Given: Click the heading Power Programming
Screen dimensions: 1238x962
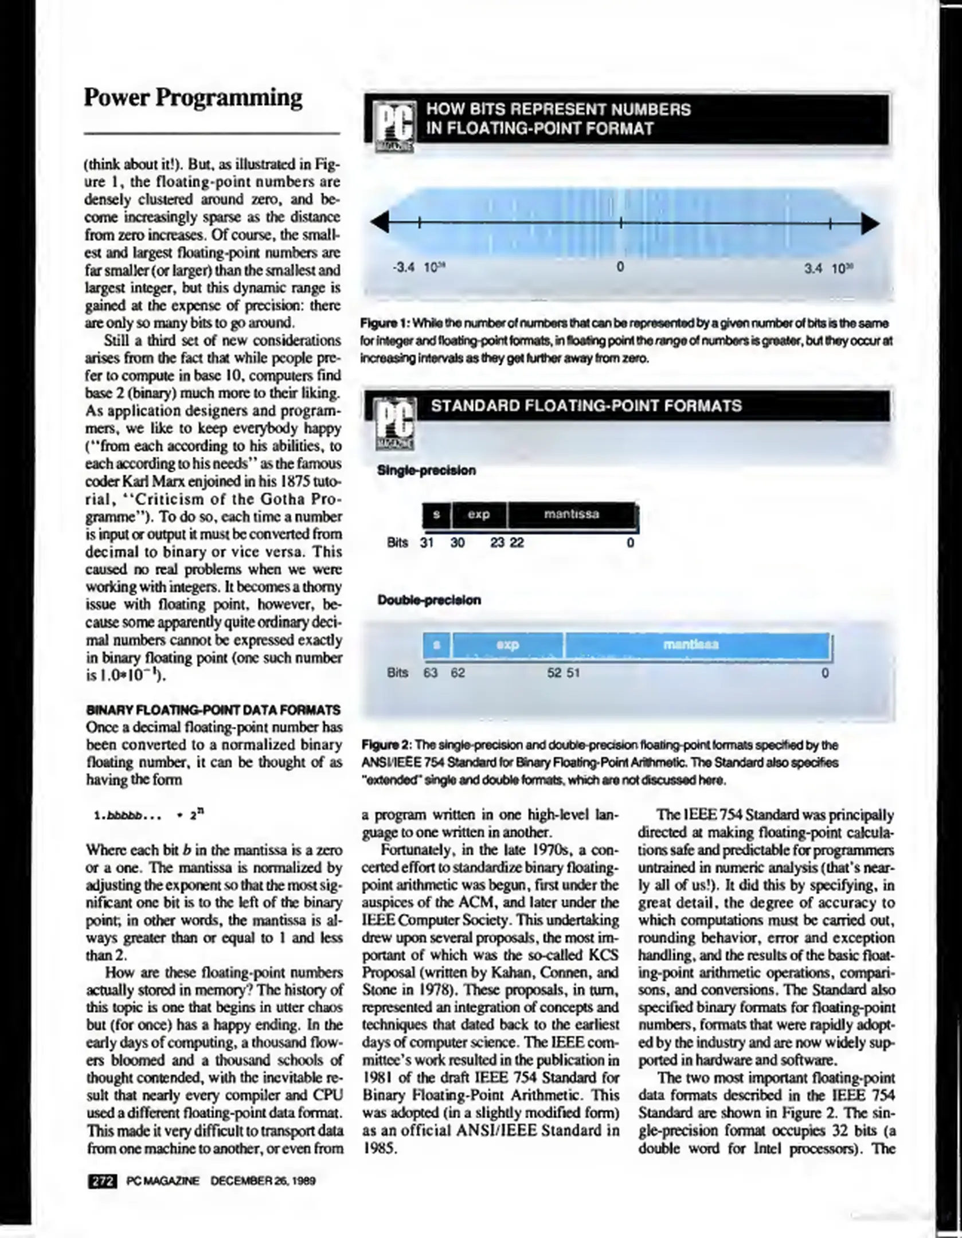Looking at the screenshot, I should [193, 98].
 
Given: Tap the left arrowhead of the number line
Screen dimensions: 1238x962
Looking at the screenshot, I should [380, 223].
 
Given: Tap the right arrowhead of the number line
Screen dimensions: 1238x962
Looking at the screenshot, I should [870, 224].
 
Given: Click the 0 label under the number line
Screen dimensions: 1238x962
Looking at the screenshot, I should [620, 268].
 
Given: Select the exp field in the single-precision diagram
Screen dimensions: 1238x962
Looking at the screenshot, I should [479, 515].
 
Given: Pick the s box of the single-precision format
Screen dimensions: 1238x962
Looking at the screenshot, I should [436, 515].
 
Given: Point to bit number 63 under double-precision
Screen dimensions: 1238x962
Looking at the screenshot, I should [430, 673].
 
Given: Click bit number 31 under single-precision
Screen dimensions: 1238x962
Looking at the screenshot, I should [427, 543].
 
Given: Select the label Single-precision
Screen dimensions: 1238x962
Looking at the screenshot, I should [426, 471].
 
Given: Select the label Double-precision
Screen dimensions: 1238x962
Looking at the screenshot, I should [429, 600].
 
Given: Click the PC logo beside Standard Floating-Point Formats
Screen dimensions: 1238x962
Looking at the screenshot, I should [394, 424].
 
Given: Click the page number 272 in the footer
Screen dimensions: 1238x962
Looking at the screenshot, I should [102, 1181].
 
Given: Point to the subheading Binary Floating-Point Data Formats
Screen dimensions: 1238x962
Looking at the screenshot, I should [213, 710].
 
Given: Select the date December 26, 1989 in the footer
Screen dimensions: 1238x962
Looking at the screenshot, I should [263, 1181].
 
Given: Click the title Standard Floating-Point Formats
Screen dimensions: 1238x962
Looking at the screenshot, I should [586, 406].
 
